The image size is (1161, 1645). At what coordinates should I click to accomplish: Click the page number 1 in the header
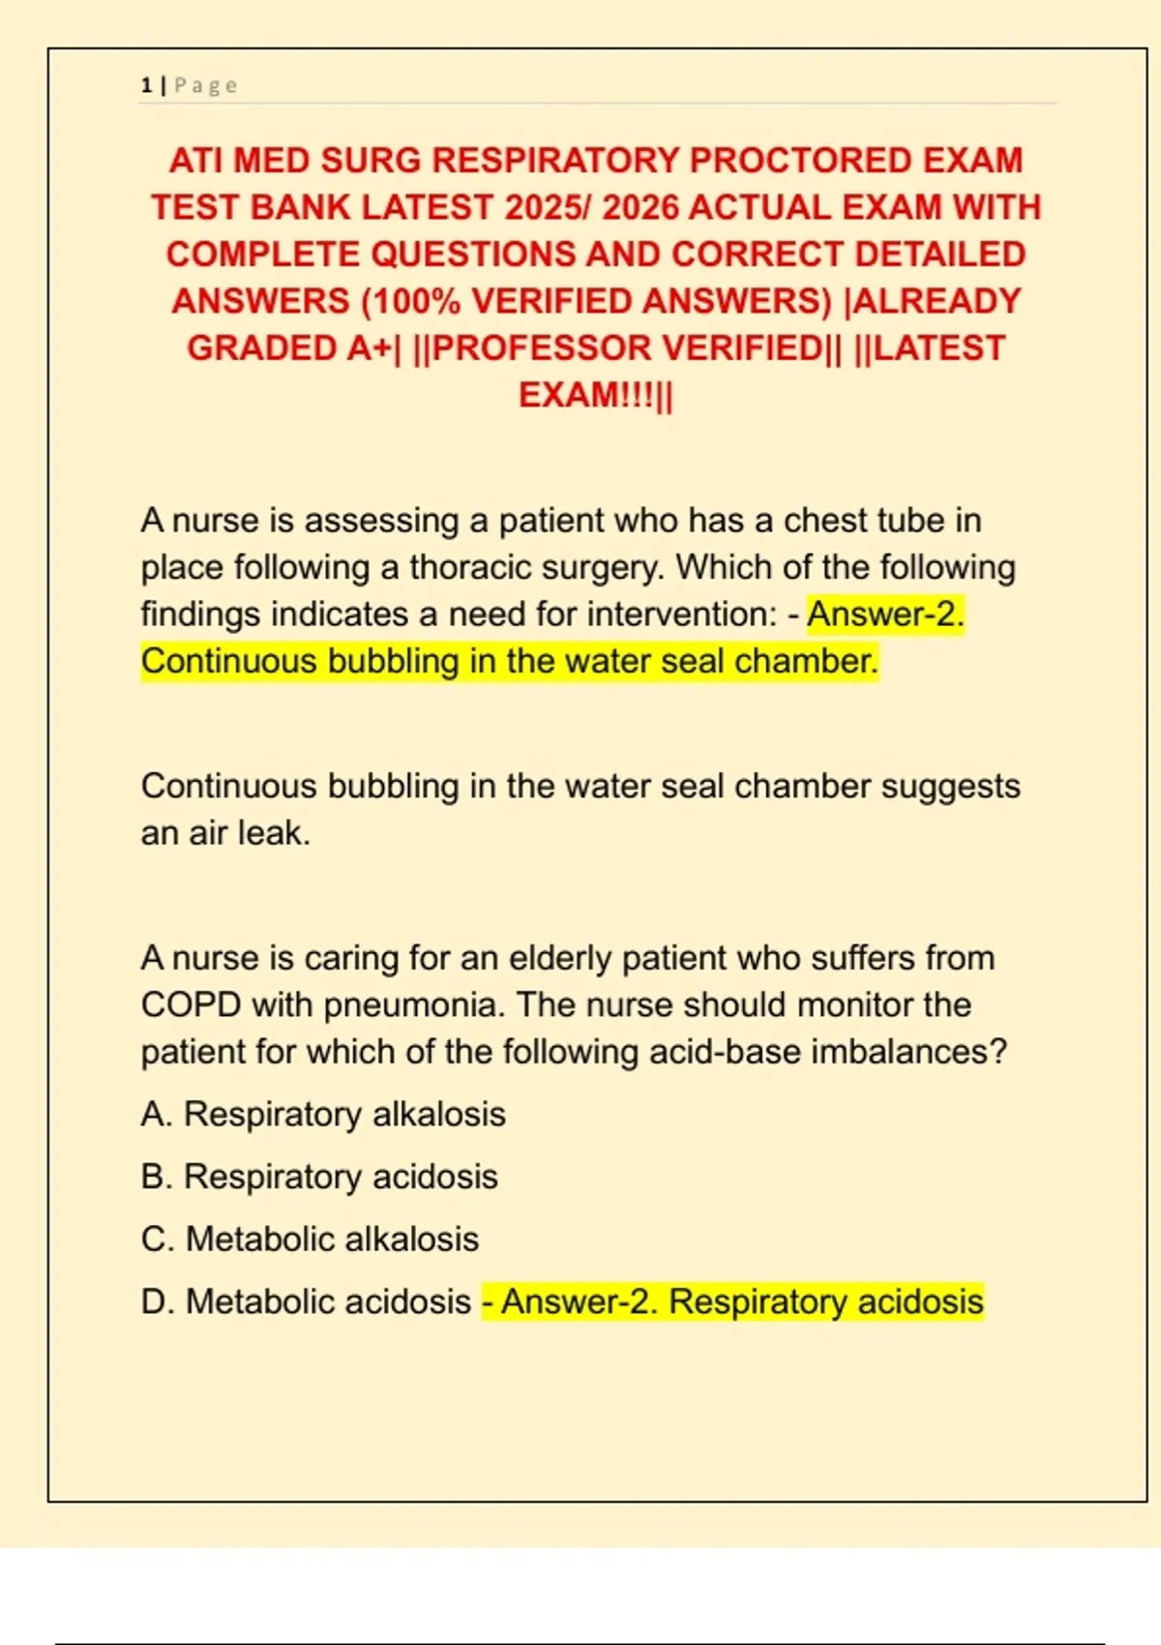(x=146, y=86)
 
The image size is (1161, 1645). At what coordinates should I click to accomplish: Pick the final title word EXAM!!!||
(x=595, y=396)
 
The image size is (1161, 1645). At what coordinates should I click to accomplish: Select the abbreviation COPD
(x=191, y=1005)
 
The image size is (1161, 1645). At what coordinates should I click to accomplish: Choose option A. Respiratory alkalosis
(x=323, y=1115)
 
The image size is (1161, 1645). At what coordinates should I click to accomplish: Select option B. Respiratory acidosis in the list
(x=319, y=1178)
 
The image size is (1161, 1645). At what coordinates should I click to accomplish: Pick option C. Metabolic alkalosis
(x=310, y=1240)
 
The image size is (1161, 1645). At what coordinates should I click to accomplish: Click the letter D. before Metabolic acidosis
(x=157, y=1302)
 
